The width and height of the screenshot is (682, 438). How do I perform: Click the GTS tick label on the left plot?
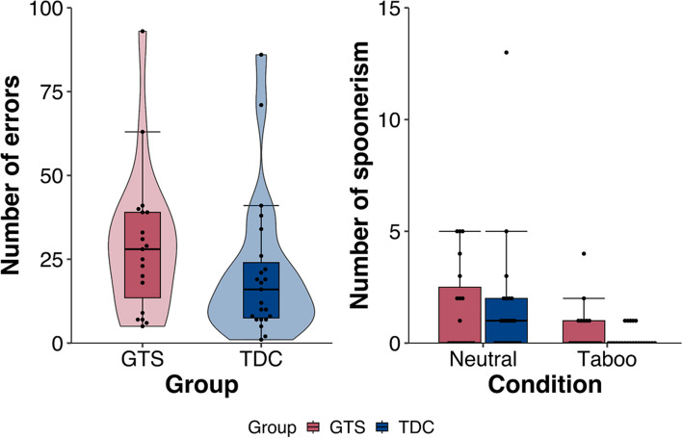pyautogui.click(x=143, y=359)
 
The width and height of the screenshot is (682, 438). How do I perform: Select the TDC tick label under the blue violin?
pyautogui.click(x=261, y=359)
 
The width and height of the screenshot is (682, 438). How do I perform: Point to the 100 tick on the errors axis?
pyautogui.click(x=66, y=9)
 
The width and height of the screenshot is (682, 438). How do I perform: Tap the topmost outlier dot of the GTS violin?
pyautogui.click(x=143, y=32)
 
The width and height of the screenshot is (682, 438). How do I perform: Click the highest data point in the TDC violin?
pyautogui.click(x=261, y=55)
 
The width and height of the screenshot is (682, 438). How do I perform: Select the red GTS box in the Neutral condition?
pyautogui.click(x=459, y=315)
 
